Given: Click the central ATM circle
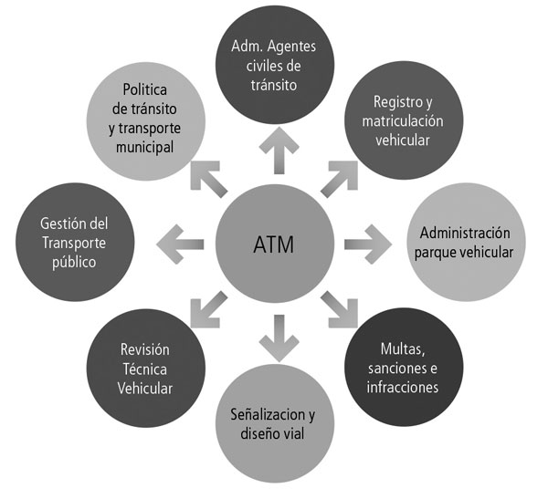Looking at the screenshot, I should coord(275,244).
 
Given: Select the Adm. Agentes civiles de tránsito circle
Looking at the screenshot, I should coord(275,64).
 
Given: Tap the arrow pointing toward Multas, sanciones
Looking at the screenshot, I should coord(341,311).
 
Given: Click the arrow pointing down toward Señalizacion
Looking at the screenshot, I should coord(275,339).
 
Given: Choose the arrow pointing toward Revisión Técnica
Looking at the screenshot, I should coord(208,311).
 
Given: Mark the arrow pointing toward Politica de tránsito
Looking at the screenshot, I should coord(208,176).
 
